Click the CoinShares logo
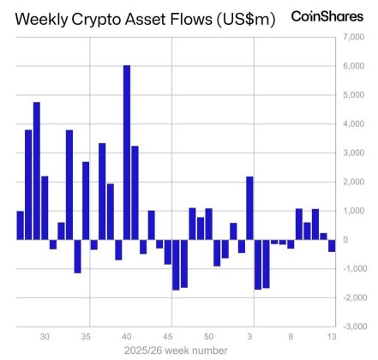pos(324,16)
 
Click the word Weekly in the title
pos(43,18)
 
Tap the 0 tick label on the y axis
pos(346,239)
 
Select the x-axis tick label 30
pos(45,337)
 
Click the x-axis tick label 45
pos(168,337)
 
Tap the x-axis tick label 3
pos(249,337)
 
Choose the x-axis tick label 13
pos(331,337)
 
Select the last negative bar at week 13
pos(331,245)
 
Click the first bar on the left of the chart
pos(21,225)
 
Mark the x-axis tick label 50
pos(208,337)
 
